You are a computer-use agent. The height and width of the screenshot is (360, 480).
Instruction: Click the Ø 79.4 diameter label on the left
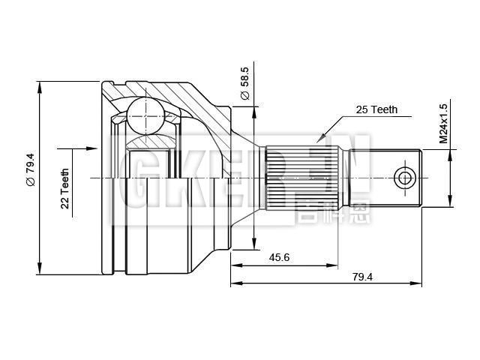point(30,174)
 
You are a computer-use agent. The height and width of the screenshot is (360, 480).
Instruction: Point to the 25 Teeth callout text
point(376,109)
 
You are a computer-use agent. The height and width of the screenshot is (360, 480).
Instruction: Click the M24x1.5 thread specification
point(442,123)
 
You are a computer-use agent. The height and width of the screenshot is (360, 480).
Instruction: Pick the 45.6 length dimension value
point(280,257)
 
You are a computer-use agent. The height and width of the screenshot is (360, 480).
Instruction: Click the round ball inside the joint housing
point(145,115)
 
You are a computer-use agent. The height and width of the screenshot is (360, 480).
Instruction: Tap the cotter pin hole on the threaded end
point(404,178)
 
